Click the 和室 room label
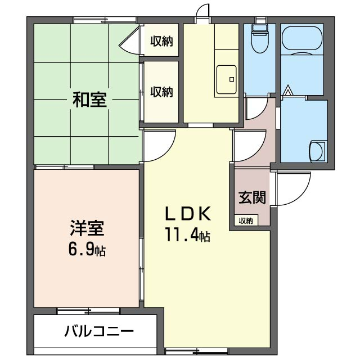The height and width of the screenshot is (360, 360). point(89,100)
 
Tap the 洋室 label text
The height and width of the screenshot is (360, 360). point(87,228)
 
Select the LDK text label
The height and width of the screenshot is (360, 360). point(188,214)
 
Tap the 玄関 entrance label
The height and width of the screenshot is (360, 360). point(252,197)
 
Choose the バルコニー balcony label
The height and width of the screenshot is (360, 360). point(99,331)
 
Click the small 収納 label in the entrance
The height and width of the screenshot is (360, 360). point(246,220)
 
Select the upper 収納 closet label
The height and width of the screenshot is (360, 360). point(161,42)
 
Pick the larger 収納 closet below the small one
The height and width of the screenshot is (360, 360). point(161,92)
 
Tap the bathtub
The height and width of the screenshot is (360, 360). point(302,39)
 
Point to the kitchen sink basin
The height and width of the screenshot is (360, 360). point(226,79)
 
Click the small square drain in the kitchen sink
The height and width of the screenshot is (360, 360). point(232,79)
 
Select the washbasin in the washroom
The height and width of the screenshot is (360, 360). point(317,151)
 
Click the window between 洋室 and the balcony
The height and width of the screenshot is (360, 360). point(88,311)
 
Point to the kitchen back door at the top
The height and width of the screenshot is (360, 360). point(202,13)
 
